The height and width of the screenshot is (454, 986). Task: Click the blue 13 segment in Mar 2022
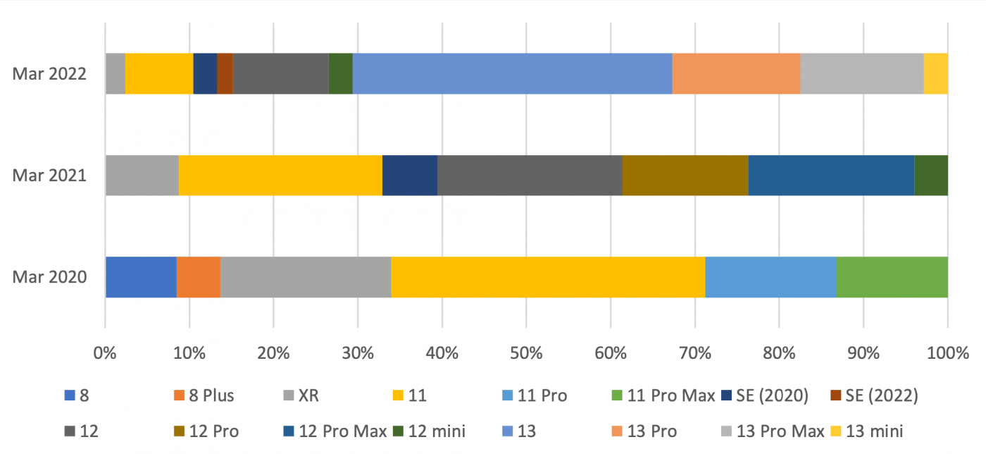(x=512, y=73)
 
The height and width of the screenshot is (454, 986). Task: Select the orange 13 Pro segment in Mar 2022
(x=736, y=73)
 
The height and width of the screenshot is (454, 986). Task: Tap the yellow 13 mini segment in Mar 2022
(x=935, y=73)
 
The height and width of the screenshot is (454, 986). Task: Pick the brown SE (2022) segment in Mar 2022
(x=225, y=73)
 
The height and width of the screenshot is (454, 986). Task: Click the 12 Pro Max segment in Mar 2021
(x=831, y=176)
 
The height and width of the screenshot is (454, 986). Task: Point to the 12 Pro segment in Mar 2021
(x=685, y=176)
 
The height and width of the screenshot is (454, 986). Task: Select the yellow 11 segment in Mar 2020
(x=548, y=277)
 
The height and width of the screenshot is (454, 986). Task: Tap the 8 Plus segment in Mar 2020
(x=199, y=277)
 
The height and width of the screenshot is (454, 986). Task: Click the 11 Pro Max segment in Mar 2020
(x=892, y=277)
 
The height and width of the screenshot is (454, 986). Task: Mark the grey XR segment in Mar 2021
(x=142, y=176)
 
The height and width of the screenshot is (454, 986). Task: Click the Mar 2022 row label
(x=49, y=73)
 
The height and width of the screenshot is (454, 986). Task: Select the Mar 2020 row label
(x=49, y=277)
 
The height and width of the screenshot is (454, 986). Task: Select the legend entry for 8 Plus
(x=204, y=395)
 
